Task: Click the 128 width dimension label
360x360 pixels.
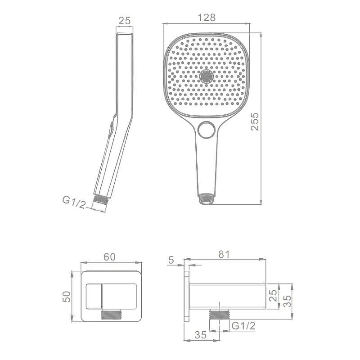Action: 207,18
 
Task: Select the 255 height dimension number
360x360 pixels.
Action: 255,121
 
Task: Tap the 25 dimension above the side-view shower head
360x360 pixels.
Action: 125,21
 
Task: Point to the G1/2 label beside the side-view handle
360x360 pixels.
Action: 74,202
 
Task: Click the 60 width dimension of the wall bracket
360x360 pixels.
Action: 109,257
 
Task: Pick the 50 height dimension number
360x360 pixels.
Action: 67,297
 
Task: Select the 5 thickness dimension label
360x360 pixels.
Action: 171,260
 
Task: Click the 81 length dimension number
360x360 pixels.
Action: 224,254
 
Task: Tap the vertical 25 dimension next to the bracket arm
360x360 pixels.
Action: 273,296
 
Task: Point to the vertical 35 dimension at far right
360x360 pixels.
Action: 287,301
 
